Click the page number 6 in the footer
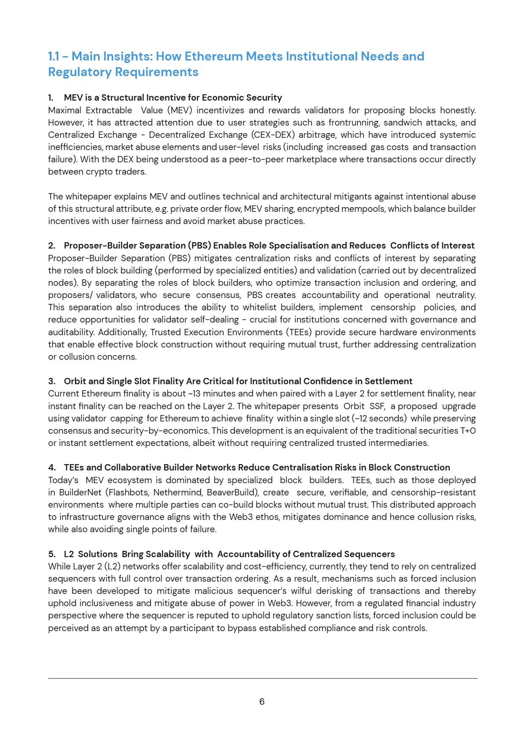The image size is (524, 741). click(x=262, y=702)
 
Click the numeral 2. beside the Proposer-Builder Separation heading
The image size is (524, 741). click(x=52, y=246)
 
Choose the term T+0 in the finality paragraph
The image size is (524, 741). click(x=468, y=431)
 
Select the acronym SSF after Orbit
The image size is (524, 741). click(x=377, y=406)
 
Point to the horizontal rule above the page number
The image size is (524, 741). click(x=262, y=678)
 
